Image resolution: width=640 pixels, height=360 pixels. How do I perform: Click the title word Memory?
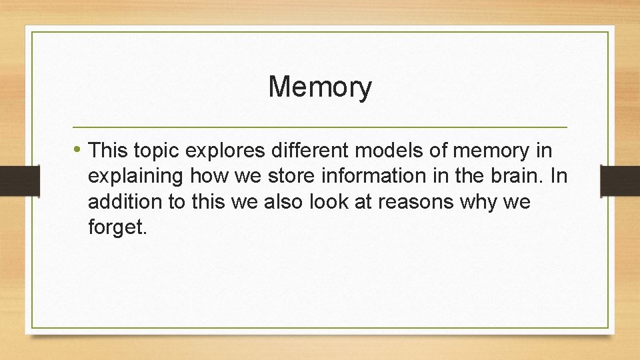point(320,87)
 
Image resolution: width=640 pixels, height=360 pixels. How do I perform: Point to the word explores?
point(225,151)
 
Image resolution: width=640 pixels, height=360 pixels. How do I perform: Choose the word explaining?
point(136,177)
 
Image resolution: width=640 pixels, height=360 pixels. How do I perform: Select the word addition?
point(122,202)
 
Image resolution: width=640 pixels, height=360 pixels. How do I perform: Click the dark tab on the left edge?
point(10,180)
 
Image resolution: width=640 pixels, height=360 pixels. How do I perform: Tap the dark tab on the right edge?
point(620,180)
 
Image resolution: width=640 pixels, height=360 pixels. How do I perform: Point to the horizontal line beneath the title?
point(320,127)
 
